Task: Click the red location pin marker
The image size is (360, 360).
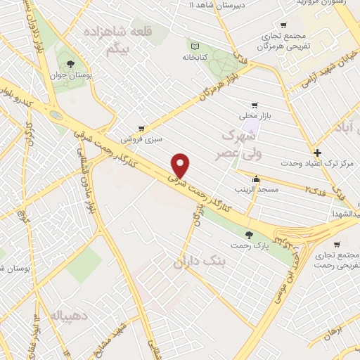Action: pos(181,165)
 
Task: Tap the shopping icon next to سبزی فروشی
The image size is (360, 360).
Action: pos(142,129)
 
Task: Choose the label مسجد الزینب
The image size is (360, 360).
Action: pos(257,190)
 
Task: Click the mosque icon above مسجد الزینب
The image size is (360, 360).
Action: pos(257,179)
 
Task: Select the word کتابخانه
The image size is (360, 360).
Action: pos(198,57)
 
